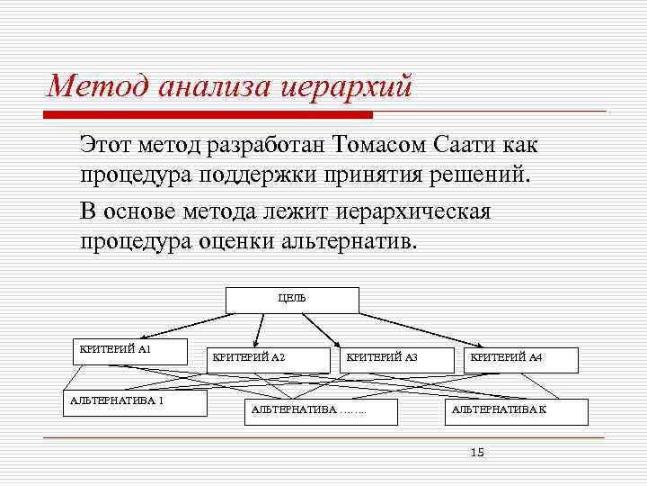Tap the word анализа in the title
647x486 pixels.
point(217,87)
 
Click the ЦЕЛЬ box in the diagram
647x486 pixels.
point(292,300)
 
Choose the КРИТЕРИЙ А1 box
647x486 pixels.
point(129,350)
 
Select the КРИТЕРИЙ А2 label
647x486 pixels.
point(248,358)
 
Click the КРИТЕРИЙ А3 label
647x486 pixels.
point(382,358)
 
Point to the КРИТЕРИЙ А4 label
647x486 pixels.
point(506,358)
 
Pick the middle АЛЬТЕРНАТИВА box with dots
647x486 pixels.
point(310,411)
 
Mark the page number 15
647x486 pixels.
point(477,452)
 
